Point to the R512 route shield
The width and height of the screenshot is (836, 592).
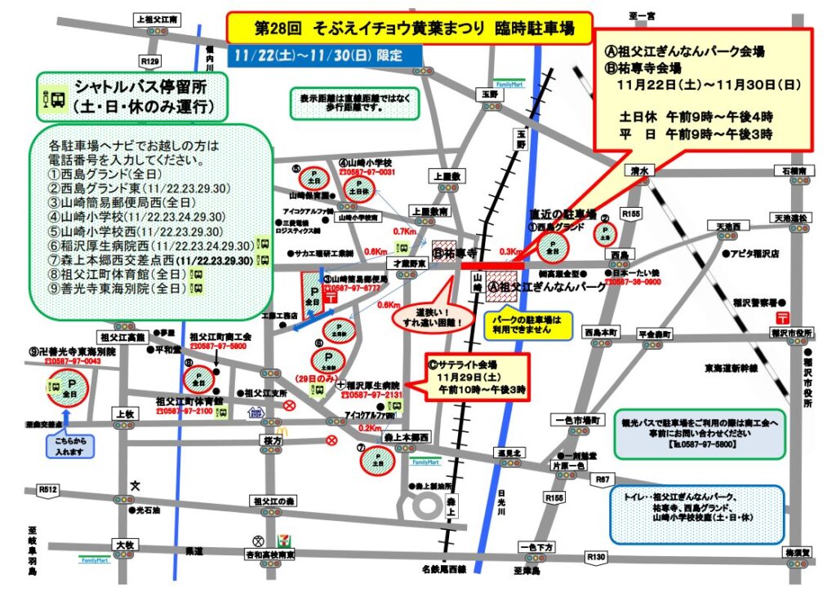click(x=48, y=489)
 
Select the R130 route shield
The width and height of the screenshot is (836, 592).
click(x=596, y=556)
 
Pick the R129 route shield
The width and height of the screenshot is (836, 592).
click(x=150, y=61)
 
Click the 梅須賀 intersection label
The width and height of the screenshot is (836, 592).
click(x=798, y=553)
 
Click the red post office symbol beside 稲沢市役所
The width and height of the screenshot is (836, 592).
click(x=782, y=316)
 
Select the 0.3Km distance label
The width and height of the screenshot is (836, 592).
click(x=509, y=252)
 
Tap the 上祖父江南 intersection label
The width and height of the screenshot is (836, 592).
click(x=159, y=18)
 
